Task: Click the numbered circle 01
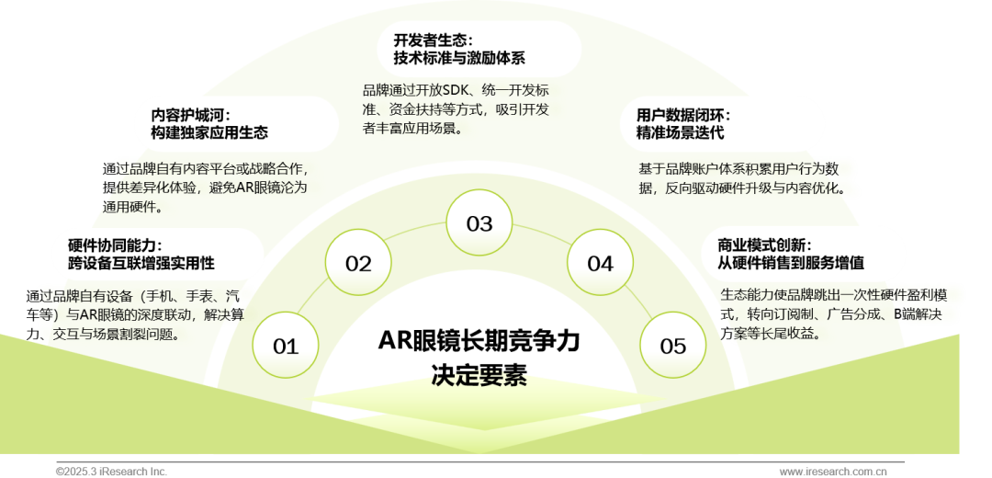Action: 286,346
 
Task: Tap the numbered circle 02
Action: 358,264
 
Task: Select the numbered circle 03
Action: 479,223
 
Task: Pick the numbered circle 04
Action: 600,264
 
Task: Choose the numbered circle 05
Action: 673,346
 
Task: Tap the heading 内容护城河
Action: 190,115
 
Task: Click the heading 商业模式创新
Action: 763,245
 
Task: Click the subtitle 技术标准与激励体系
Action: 459,59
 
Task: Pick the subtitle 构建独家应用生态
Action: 209,133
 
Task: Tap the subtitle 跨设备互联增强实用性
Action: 141,264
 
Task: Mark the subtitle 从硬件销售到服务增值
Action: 791,264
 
